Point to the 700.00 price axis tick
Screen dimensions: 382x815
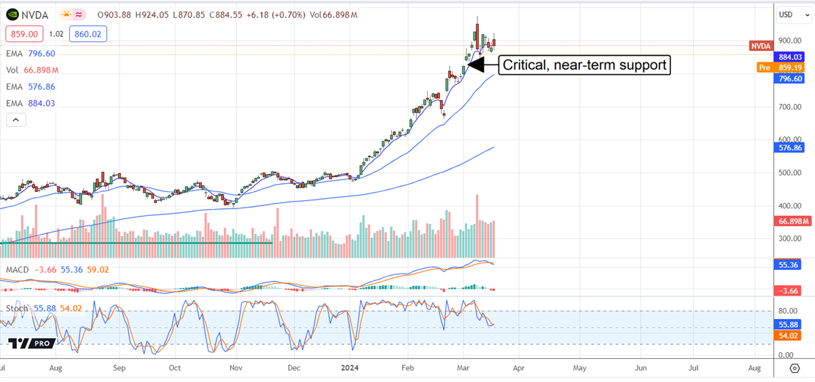coord(789,107)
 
